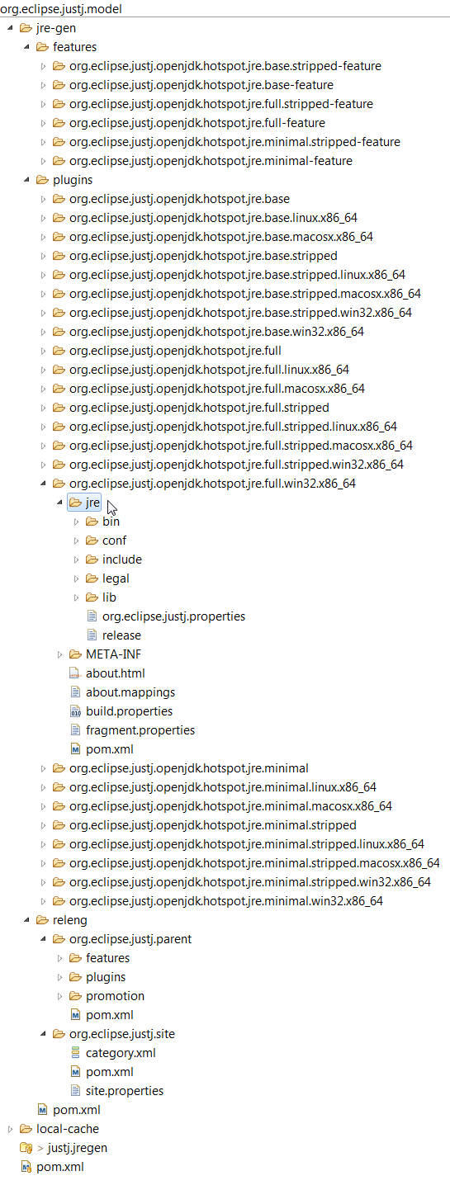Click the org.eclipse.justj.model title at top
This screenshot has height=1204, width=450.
[x=61, y=8]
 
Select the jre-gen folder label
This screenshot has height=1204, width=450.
[x=56, y=28]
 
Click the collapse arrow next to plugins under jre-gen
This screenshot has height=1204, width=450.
[x=26, y=180]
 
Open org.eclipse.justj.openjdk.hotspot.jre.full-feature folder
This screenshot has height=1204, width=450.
[x=197, y=123]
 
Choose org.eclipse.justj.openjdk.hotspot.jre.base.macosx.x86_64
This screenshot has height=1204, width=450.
[x=221, y=237]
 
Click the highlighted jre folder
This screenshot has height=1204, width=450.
[x=92, y=502]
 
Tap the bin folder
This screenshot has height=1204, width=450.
[x=111, y=522]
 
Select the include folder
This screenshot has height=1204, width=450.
[x=122, y=559]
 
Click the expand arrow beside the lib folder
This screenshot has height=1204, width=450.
[x=76, y=597]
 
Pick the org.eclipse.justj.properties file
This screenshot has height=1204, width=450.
[x=173, y=616]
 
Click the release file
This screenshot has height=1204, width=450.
[x=121, y=635]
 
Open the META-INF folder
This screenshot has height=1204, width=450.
[x=113, y=654]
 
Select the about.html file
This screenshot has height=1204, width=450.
[x=116, y=673]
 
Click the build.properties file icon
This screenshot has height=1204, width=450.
[x=75, y=711]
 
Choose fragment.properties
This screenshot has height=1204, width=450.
[x=140, y=730]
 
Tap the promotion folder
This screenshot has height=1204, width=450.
[x=115, y=995]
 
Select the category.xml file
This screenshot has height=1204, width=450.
[x=121, y=1052]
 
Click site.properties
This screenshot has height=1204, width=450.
[x=125, y=1091]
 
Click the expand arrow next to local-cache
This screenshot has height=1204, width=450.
[x=10, y=1129]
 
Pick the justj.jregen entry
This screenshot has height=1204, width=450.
[x=78, y=1148]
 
